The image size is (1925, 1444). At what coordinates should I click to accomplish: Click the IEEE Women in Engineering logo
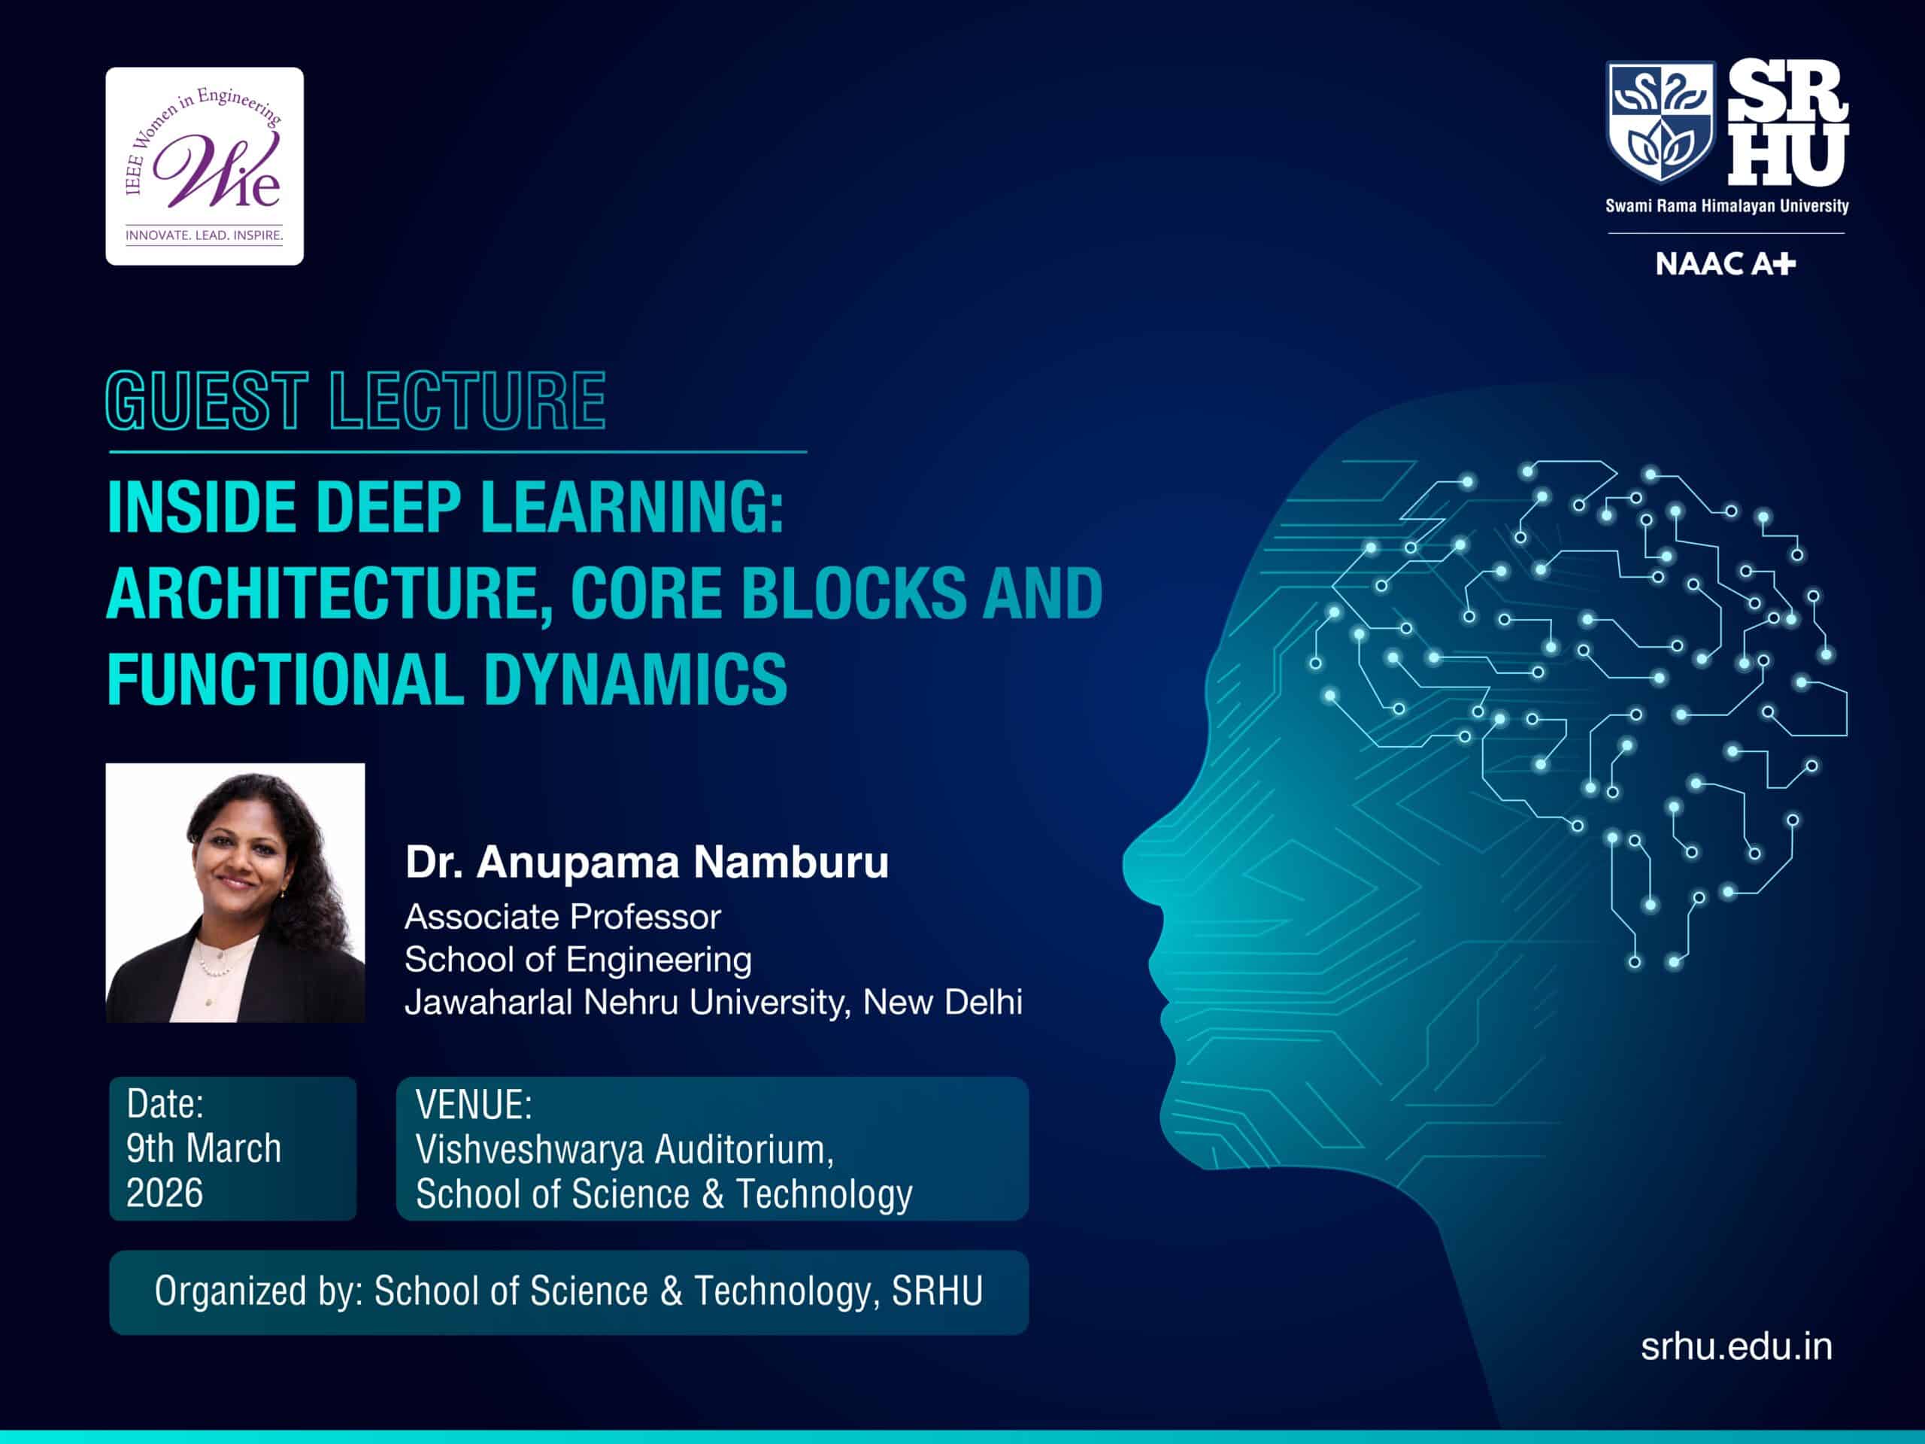coord(205,166)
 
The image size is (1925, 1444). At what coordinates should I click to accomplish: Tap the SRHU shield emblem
coord(1660,122)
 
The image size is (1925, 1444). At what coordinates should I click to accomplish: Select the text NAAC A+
coord(1726,264)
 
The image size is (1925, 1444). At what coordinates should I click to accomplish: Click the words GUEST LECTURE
coord(356,400)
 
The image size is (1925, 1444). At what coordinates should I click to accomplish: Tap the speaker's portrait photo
coord(235,892)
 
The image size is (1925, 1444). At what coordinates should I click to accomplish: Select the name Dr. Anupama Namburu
coord(647,862)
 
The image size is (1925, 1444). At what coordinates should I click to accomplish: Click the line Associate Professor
coord(563,917)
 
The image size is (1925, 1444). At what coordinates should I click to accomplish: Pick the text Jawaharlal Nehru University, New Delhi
coord(714,1002)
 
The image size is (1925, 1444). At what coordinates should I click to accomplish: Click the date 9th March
coord(204,1148)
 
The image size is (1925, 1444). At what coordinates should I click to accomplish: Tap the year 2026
coord(165,1193)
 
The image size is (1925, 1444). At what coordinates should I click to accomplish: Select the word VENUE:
coord(474,1105)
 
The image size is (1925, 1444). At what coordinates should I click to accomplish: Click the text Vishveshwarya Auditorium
coord(625,1150)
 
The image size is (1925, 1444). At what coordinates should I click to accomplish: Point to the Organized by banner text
coord(568,1291)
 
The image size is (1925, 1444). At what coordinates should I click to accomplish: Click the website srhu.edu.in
coord(1737,1346)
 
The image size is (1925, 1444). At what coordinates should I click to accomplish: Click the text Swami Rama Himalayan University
coord(1726,206)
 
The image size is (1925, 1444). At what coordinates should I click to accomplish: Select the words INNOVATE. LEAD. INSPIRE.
coord(205,235)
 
